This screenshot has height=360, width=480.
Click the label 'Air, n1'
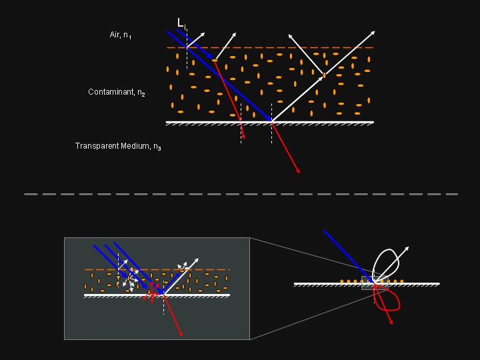[121, 35]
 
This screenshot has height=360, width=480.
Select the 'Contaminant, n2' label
[117, 93]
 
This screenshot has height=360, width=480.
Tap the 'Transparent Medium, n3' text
[118, 145]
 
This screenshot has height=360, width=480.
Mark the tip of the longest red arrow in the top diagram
[299, 173]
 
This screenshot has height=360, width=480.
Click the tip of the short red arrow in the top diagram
[244, 139]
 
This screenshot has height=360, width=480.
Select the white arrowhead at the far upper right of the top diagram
[375, 31]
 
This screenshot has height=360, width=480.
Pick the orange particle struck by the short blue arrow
[215, 61]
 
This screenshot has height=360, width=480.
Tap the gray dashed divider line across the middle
[240, 194]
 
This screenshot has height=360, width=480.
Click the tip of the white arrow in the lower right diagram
[408, 247]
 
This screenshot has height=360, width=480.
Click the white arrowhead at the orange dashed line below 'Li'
[203, 31]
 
